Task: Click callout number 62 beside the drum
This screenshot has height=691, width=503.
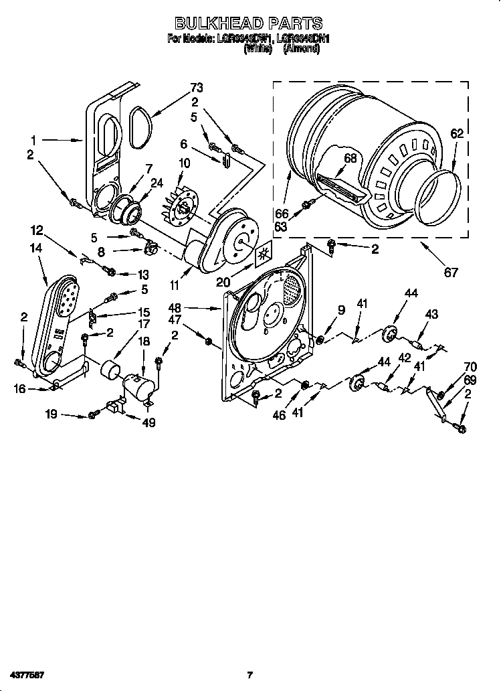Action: pos(456,134)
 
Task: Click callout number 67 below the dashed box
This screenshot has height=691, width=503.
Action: pos(452,273)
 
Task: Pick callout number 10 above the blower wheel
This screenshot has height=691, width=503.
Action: pos(184,163)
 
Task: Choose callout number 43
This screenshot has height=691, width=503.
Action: pos(431,314)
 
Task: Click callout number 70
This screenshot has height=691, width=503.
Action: pos(470,366)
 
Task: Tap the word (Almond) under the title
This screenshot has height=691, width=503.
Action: pos(301,50)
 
